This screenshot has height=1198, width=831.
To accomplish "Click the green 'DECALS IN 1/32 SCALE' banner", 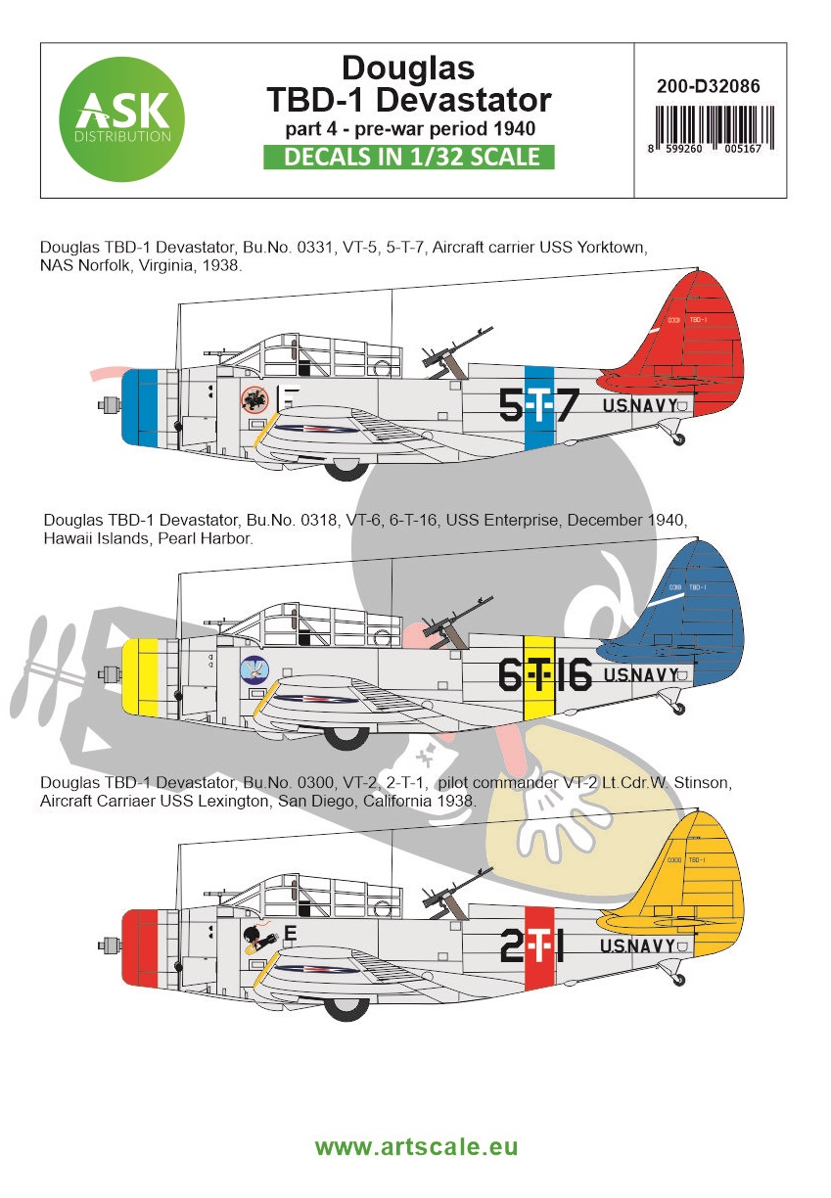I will click(409, 157).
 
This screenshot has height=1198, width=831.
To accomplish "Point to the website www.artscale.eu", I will click(416, 1146).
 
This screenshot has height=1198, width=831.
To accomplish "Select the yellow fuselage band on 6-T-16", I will click(538, 675).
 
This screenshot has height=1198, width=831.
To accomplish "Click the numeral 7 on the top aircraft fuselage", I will click(567, 404).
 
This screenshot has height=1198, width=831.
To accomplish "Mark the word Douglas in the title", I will click(408, 68).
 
